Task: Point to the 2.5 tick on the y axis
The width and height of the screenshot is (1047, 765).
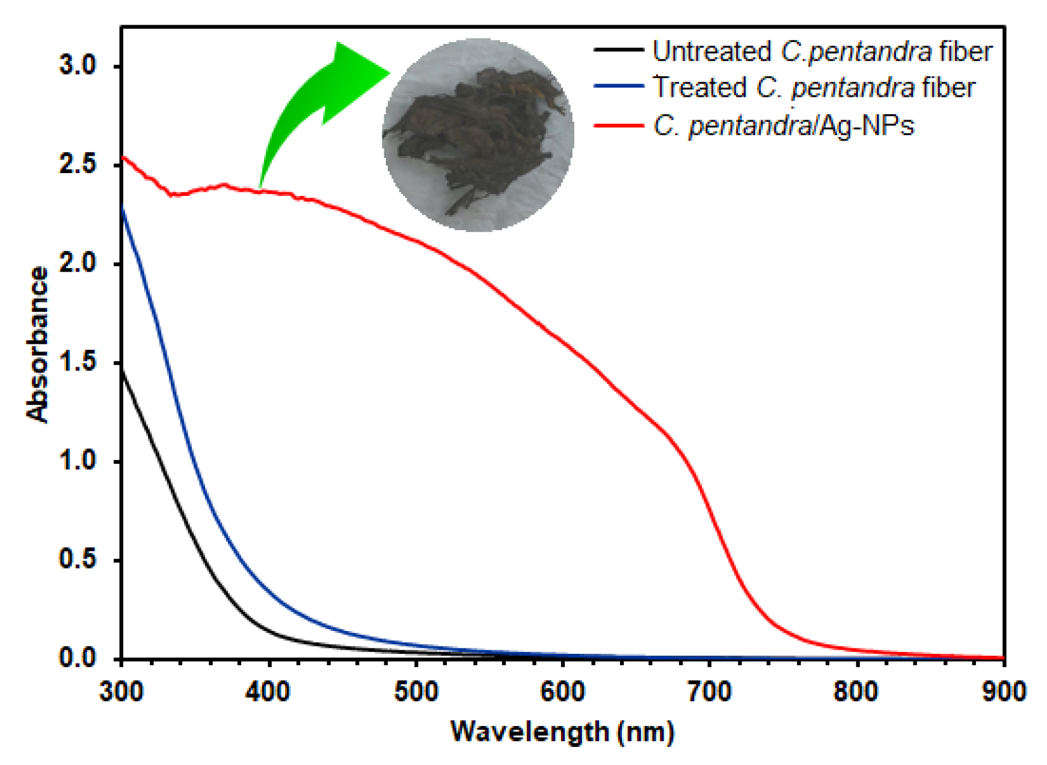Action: [x=78, y=164]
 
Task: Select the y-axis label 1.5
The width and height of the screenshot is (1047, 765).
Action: [x=78, y=362]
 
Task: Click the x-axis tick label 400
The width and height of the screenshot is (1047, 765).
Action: [x=268, y=692]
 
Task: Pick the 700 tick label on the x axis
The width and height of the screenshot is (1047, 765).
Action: [x=709, y=692]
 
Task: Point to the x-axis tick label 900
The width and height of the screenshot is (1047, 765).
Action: [x=1003, y=692]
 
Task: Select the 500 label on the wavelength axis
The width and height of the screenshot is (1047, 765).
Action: [x=416, y=692]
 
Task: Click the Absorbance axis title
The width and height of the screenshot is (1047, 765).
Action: [x=37, y=344]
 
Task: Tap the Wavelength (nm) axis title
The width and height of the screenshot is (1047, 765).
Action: [x=562, y=732]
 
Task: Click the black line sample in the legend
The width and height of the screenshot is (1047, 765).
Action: [x=618, y=50]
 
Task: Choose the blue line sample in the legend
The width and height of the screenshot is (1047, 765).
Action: [x=618, y=87]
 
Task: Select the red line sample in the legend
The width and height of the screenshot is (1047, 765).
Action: [x=618, y=125]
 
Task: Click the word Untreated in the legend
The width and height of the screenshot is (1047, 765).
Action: [x=711, y=51]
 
